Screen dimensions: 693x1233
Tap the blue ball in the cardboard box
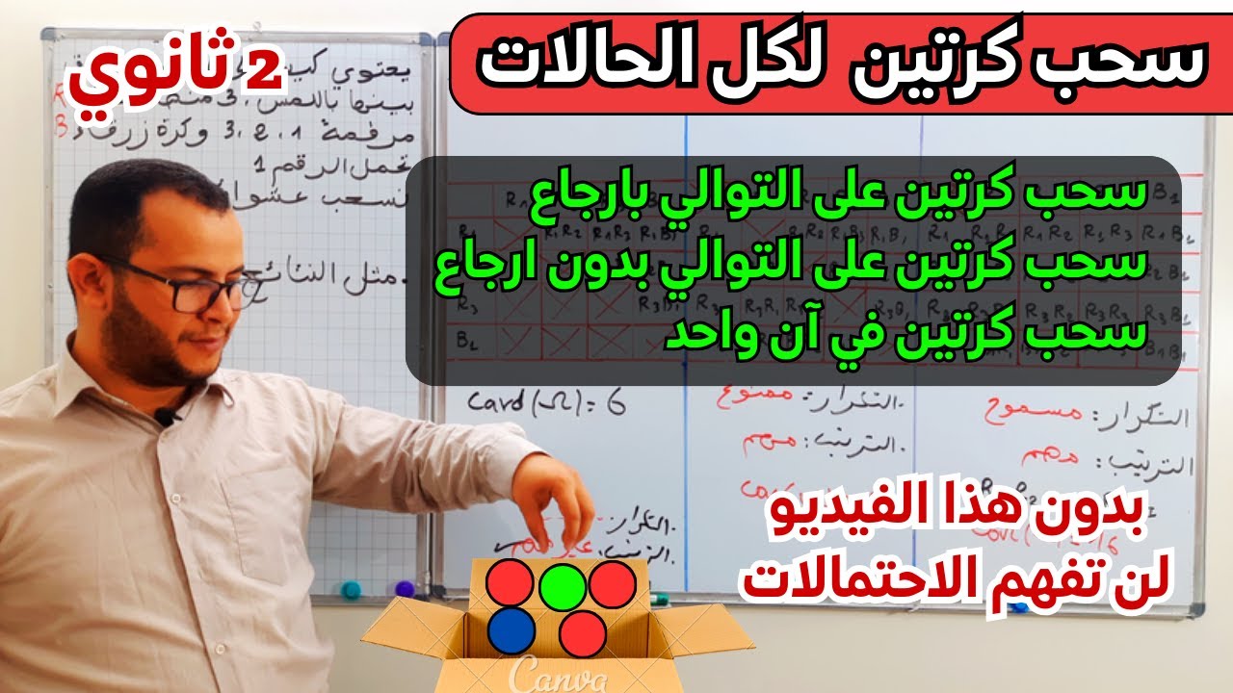(511, 630)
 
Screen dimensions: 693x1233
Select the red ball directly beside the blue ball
(582, 633)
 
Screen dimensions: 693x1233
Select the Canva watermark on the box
(557, 674)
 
